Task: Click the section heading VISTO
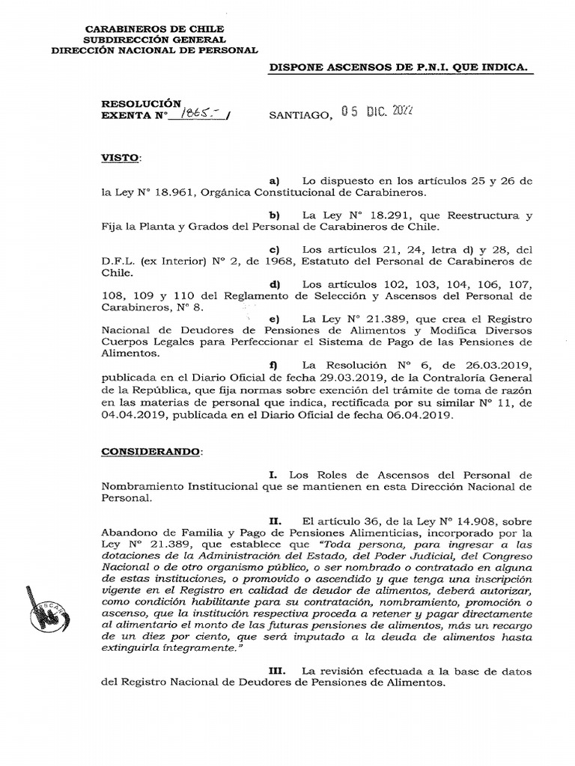click(x=120, y=159)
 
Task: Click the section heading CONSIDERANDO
click(x=151, y=453)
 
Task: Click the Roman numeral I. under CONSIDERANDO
click(x=273, y=475)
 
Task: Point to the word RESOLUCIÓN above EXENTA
click(x=142, y=102)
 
